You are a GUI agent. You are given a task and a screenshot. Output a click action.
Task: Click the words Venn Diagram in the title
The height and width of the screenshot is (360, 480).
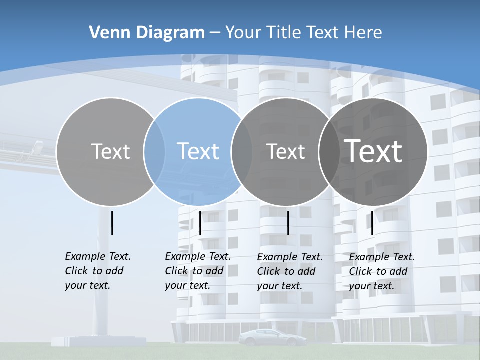coord(147,33)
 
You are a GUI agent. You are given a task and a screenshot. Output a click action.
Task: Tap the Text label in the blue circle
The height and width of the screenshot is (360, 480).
coord(198,151)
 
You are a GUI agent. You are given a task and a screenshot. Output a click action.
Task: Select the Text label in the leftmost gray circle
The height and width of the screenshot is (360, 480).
coord(111,151)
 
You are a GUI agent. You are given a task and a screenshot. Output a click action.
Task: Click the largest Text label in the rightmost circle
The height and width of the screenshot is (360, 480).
coord(373,151)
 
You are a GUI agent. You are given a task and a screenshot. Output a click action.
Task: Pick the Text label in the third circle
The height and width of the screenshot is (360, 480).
coord(286,151)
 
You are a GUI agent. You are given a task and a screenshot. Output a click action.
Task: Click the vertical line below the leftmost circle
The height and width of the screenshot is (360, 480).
coord(112,223)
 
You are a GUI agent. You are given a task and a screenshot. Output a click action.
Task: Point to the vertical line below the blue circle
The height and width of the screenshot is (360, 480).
coord(200,223)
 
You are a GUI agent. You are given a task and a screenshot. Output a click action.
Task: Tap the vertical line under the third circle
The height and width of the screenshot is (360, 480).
coord(288,223)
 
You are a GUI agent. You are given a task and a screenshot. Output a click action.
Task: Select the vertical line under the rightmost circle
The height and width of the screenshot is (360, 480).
coord(372,223)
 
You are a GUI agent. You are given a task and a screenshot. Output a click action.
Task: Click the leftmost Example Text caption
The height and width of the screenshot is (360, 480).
coord(98,271)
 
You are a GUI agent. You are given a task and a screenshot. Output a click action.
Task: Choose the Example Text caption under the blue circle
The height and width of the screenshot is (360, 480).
coord(198,271)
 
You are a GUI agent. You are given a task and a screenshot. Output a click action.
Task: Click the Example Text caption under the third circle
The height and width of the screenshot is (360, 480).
coord(290,271)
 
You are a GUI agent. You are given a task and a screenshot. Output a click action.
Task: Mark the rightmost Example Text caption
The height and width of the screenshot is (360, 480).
coord(382,271)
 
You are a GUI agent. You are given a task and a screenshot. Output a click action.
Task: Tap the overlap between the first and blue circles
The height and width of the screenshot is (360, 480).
coord(154,151)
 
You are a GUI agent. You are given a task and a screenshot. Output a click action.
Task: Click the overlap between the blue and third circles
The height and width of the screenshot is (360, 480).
coord(242,151)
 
